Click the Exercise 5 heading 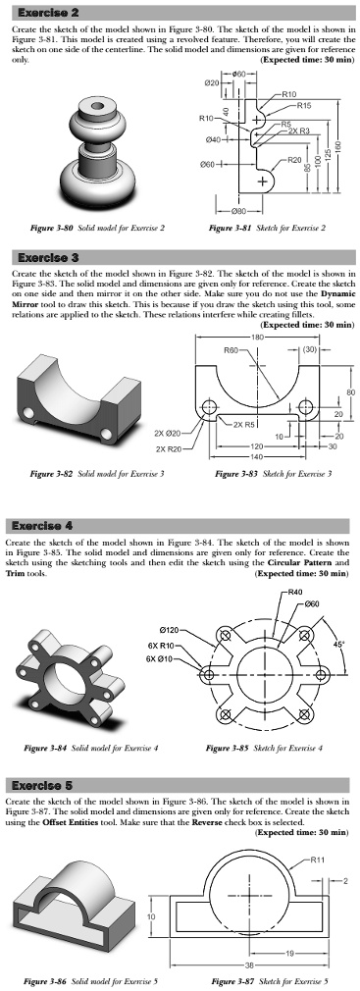point(38,785)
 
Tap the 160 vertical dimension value point(337,144)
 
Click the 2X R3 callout point(299,130)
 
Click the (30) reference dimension point(309,349)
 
